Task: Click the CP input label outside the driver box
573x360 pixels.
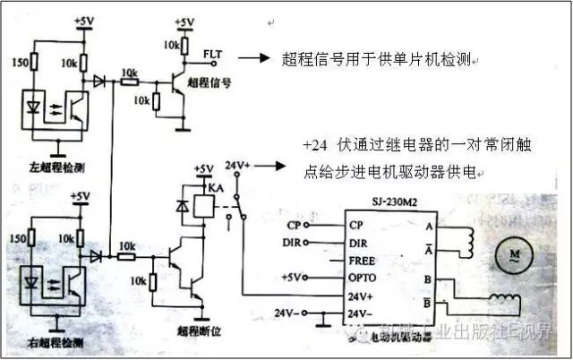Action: [294, 224]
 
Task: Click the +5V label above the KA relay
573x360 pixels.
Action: [204, 168]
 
